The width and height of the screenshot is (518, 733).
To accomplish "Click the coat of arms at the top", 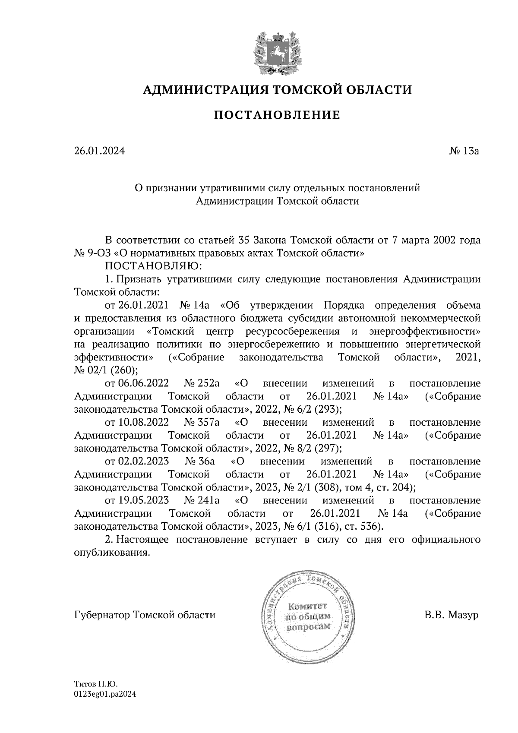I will pos(277,52).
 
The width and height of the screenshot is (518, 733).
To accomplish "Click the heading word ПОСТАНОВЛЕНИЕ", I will pos(277,115).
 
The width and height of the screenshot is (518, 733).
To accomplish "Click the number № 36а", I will pos(199,461).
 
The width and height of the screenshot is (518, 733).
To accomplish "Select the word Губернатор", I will pos(103,615).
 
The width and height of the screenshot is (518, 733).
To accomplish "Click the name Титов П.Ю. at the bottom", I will pos(96,684).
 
